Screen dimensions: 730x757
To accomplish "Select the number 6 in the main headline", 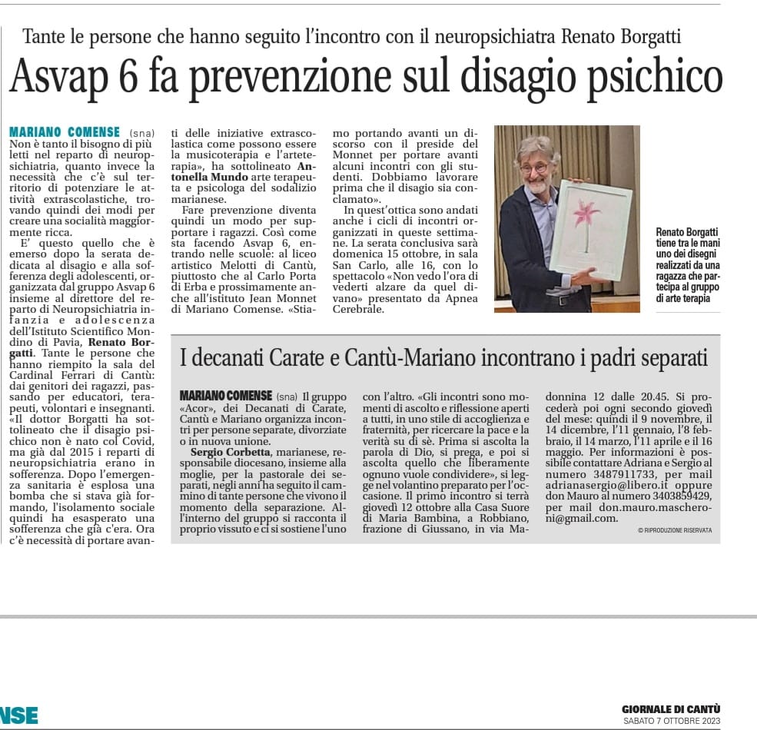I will coord(151,77).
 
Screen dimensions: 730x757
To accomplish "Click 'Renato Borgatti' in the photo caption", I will coord(687,231).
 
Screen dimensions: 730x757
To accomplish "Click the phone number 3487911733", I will coord(613,475).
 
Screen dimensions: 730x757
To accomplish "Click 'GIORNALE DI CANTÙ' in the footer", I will coord(670,708).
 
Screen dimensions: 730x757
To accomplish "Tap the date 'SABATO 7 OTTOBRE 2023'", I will coord(671,720).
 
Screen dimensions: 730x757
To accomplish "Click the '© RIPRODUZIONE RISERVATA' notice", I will coord(675,530).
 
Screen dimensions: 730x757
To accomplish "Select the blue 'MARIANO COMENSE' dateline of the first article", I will coord(65,132).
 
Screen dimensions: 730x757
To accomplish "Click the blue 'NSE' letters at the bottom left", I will coord(18,715).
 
